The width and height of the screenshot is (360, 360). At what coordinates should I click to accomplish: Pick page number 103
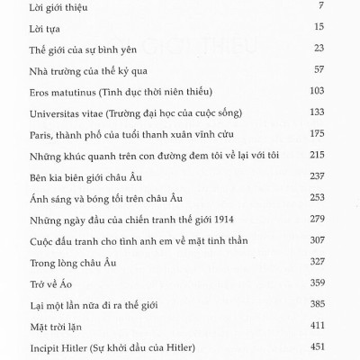[x=343, y=93]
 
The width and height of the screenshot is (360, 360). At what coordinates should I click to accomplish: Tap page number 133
[x=343, y=114]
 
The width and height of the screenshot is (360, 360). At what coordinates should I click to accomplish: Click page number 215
[x=343, y=156]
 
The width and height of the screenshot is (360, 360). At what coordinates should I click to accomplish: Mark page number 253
[x=343, y=198]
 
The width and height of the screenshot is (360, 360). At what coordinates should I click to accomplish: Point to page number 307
[x=343, y=239]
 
